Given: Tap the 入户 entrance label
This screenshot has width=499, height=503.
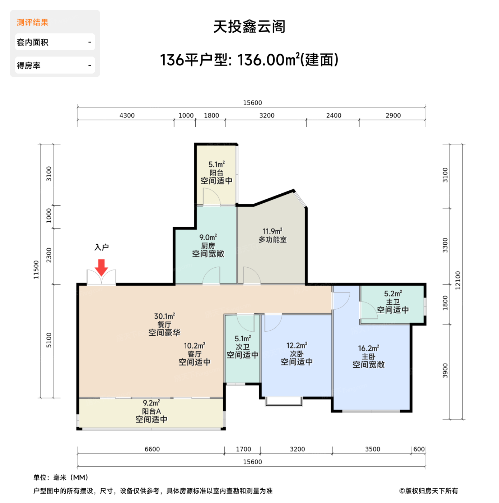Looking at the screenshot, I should coord(102,247).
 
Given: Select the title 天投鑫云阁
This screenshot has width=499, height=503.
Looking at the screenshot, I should coord(249,27).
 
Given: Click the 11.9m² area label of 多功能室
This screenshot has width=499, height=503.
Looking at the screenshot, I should coord(272,231).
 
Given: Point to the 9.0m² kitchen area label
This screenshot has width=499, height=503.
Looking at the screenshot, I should coord(208,237).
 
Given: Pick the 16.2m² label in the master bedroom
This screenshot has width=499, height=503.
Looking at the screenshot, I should coord(368,348).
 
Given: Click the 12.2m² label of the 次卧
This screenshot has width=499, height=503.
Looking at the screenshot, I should coord(297,346).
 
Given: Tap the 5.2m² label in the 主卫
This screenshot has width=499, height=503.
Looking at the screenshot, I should coord(393,294).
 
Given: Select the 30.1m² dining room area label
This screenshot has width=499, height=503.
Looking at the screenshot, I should coord(164,316).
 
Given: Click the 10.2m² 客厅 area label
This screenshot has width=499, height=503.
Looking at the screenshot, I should coord(195,346).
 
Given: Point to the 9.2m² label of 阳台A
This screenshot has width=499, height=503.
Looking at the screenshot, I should coord(151,403).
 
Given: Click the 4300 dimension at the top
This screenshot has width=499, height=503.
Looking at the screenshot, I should coord(127,115).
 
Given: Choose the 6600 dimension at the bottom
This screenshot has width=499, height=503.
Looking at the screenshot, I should coord(152,449).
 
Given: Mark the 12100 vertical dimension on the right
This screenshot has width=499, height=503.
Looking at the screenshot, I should coord(458,280).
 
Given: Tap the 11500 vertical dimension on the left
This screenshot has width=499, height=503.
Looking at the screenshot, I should coord(36,269).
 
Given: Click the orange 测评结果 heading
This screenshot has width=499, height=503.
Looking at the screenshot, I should coord(33,22).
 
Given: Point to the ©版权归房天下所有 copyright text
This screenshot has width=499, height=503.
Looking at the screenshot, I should coord(429,491).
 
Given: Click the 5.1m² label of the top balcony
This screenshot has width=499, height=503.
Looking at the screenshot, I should coord(216,165).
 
